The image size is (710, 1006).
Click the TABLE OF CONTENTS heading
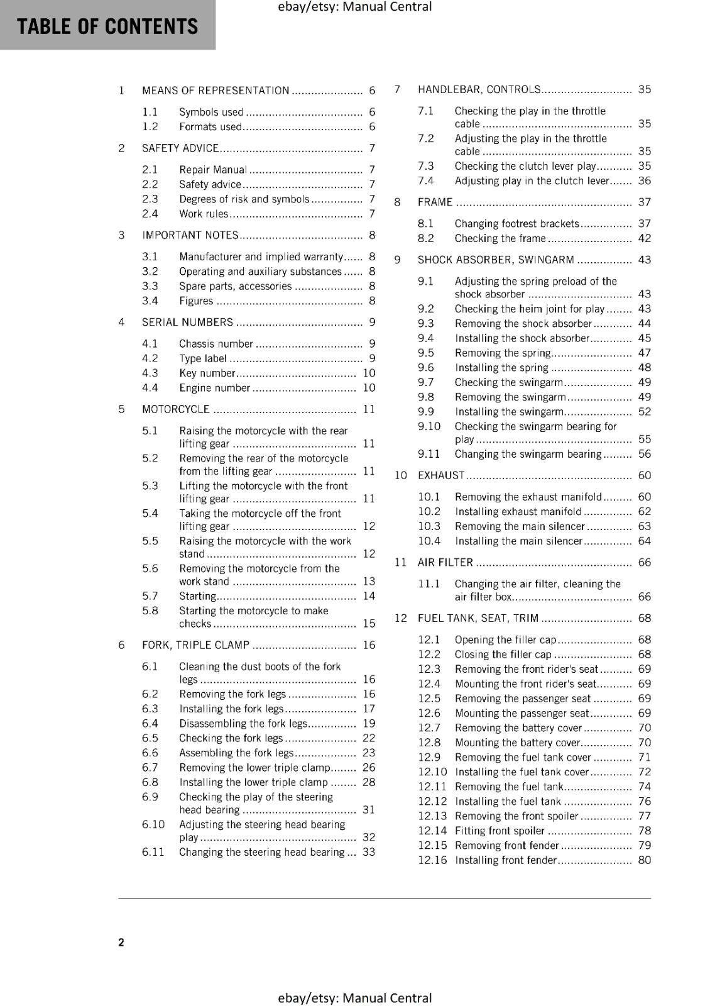107,26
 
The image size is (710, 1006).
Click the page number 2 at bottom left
121,942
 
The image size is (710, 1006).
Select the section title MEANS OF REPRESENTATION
216,91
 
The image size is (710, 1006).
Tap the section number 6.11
153,852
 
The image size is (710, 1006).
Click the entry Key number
207,373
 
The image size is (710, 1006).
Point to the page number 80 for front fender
644,860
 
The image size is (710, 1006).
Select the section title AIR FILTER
445,562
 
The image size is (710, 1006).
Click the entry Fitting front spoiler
500,831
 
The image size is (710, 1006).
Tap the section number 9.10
429,426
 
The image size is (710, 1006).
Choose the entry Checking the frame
500,238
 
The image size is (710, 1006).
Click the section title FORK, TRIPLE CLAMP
195,645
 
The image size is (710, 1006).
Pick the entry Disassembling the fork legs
243,724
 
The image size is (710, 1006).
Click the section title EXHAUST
440,475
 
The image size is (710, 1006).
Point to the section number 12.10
432,772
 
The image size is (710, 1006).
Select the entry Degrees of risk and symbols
244,199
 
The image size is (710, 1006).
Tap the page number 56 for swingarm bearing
644,454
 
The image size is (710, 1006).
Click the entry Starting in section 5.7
197,596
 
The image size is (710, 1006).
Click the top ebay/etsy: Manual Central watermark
354,7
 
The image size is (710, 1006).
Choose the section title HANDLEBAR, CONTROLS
479,89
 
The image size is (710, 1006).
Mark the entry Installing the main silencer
518,541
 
